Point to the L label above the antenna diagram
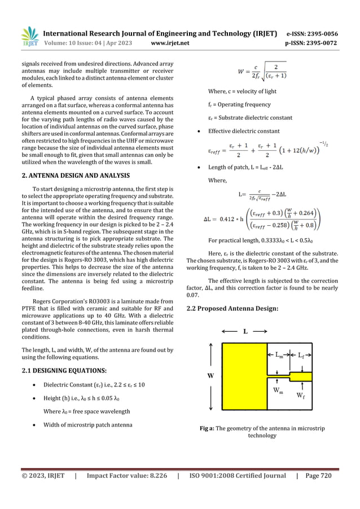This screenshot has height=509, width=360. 245,332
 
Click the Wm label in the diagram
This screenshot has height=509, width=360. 278,392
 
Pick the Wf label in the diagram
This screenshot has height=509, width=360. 302,395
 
